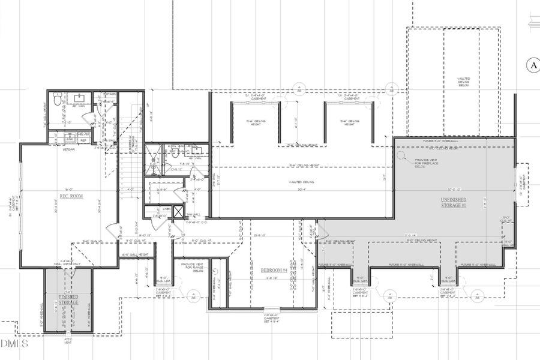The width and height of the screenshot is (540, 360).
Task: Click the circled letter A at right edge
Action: (x=532, y=65)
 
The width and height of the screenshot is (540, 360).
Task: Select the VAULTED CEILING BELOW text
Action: (x=463, y=82)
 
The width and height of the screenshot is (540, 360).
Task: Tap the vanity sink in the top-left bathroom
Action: (x=80, y=97)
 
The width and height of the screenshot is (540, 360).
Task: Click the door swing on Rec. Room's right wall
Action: (x=112, y=229)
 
